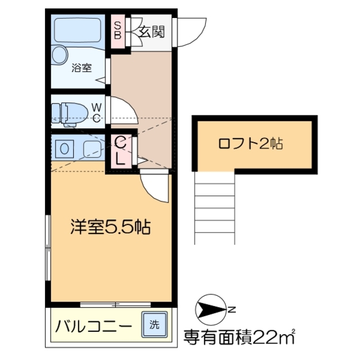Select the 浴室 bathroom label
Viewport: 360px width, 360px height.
82,69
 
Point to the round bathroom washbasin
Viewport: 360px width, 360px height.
60,54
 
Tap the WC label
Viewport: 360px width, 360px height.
97,111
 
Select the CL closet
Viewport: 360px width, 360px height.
121,151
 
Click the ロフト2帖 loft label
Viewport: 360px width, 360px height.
250,143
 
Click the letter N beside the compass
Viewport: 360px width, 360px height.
232,308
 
